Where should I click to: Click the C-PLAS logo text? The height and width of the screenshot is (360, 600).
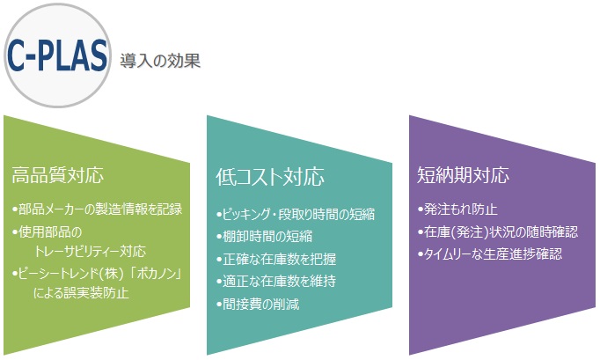coord(57,55)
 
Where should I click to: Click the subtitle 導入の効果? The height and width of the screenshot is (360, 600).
coord(160,61)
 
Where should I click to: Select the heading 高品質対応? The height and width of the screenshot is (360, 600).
coord(58,175)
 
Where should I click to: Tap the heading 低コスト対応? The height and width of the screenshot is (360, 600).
coord(270,177)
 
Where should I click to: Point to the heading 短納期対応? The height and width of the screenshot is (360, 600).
coord(463,175)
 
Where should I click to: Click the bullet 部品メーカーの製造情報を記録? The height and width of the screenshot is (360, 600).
coord(97,209)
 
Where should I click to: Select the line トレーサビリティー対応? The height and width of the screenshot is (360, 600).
coord(91,251)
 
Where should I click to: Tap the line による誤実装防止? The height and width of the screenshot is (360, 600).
coord(81,293)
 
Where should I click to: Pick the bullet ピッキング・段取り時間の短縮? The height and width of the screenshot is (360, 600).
coord(296,214)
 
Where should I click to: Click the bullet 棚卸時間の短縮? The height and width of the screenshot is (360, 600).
coord(264,236)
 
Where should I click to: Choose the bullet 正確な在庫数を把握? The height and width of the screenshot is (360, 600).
coord(276,259)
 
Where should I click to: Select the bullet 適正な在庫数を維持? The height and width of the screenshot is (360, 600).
coord(276,281)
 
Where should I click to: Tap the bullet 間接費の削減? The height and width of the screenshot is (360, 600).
coord(258,305)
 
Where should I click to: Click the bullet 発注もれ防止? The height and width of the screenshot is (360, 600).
coord(457,209)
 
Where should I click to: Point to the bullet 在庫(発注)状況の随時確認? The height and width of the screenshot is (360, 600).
coord(498,232)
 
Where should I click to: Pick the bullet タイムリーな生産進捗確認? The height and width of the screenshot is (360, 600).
coord(490,253)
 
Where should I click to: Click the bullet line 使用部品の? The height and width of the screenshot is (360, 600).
coord(47,231)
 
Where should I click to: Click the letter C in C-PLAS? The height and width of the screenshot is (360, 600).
coord(16,55)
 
